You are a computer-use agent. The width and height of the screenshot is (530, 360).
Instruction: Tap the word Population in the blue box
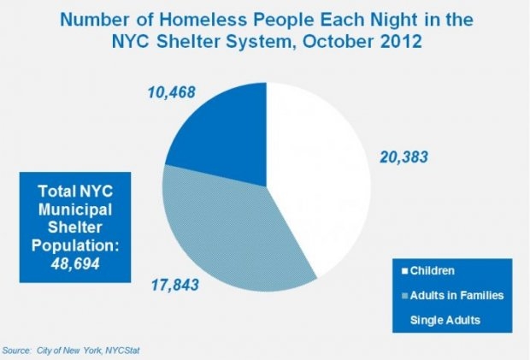point(60,245)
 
